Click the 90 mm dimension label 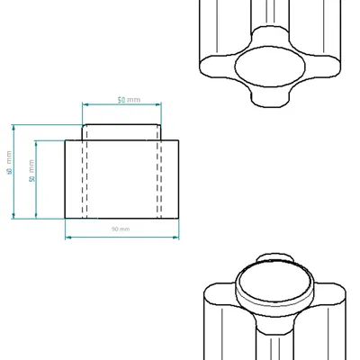[121, 229]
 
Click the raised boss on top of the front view [122, 131]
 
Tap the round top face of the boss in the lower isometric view [273, 285]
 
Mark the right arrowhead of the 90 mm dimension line [175, 236]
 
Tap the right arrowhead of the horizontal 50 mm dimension [159, 104]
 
